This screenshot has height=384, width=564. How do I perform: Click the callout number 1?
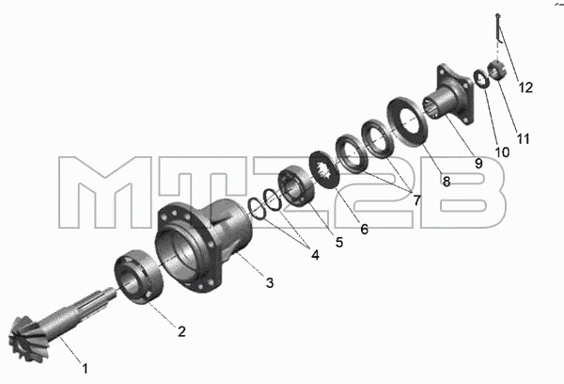pos(86,368)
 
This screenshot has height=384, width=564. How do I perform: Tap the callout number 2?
pos(181,331)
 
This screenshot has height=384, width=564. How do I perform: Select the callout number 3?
pos(270,282)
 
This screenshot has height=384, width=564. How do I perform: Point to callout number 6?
pos(364,229)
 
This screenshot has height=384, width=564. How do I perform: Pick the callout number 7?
pos(416,200)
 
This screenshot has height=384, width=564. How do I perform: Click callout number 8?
pos(446,182)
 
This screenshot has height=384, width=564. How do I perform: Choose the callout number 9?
pos(478,164)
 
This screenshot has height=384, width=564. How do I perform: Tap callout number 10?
pos(502,152)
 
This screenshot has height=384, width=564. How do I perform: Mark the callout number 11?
pos(523,138)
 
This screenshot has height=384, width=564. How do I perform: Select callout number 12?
pos(525,88)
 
